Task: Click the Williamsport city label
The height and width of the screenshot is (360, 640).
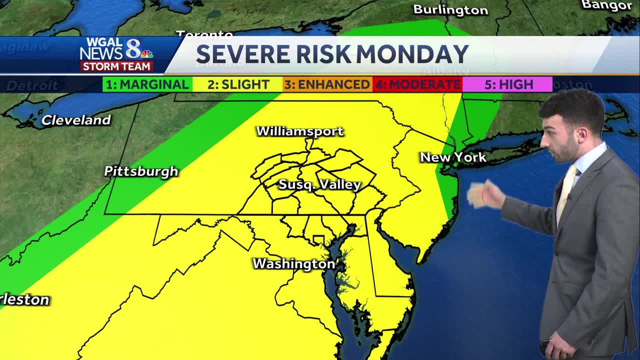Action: (300, 131)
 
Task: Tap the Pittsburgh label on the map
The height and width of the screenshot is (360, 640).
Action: (141, 171)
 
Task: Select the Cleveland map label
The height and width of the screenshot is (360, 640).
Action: (76, 120)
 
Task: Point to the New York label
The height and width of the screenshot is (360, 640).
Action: (453, 157)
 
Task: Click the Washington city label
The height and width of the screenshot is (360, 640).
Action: (294, 263)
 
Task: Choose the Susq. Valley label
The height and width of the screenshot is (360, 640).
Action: (319, 184)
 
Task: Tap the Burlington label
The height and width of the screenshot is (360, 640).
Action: (450, 9)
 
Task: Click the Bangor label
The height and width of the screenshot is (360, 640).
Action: (607, 5)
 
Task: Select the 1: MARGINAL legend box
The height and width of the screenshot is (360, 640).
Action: (147, 84)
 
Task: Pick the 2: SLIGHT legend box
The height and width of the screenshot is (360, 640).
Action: (238, 84)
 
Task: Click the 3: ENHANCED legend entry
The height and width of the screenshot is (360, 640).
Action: (327, 84)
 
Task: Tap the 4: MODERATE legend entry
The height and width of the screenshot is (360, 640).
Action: (417, 84)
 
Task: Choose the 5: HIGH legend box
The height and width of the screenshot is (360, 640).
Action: (508, 84)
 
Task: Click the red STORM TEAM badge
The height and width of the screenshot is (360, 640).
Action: (116, 66)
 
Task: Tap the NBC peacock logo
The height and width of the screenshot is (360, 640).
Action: (146, 53)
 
